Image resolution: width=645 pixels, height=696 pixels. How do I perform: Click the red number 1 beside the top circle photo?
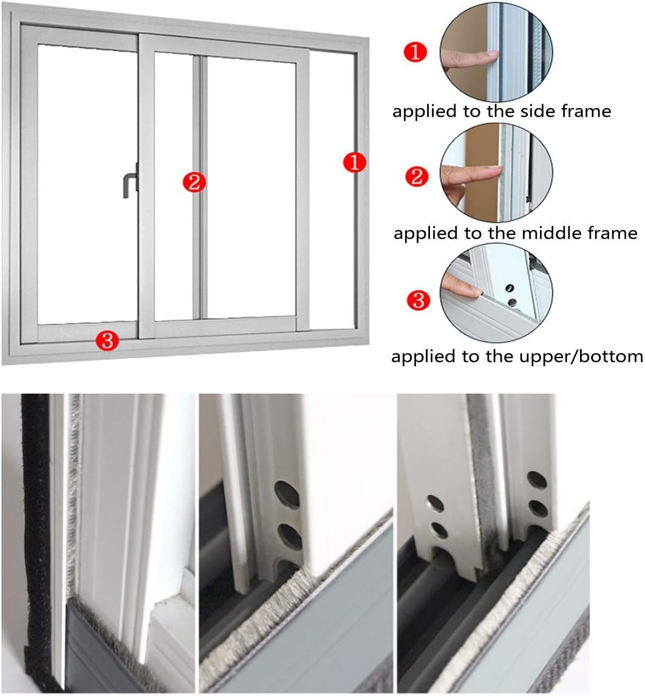point(415,53)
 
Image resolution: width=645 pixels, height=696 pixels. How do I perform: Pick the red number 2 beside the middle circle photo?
point(417,177)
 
